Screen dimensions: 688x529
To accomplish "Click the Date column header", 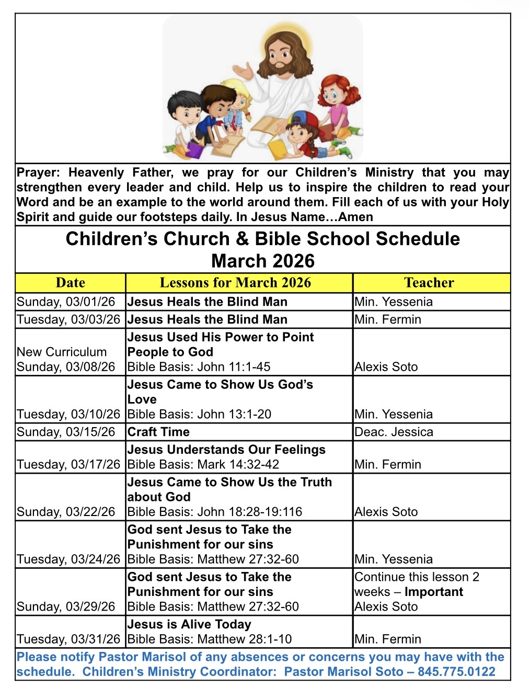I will click(70, 283).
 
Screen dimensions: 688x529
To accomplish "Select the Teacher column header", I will click(429, 283).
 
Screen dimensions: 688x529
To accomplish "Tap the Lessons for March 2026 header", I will click(235, 283).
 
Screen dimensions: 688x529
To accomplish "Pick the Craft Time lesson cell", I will click(158, 432).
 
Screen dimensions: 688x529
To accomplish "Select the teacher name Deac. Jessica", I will click(394, 432).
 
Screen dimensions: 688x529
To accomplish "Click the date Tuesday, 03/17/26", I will click(68, 464).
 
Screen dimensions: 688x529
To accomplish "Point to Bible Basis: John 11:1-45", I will click(199, 367).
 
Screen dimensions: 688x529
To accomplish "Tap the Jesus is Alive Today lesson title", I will click(189, 624).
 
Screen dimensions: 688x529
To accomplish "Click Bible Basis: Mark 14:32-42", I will click(203, 464).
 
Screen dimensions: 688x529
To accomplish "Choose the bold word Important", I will click(434, 592).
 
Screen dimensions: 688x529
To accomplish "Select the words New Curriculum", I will click(62, 352).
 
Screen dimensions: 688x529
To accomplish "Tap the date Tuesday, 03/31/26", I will click(68, 639).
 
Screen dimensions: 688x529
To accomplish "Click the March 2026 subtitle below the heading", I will click(263, 261).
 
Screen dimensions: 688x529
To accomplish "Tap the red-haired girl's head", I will click(335, 94).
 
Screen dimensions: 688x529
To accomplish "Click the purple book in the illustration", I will click(194, 151).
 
